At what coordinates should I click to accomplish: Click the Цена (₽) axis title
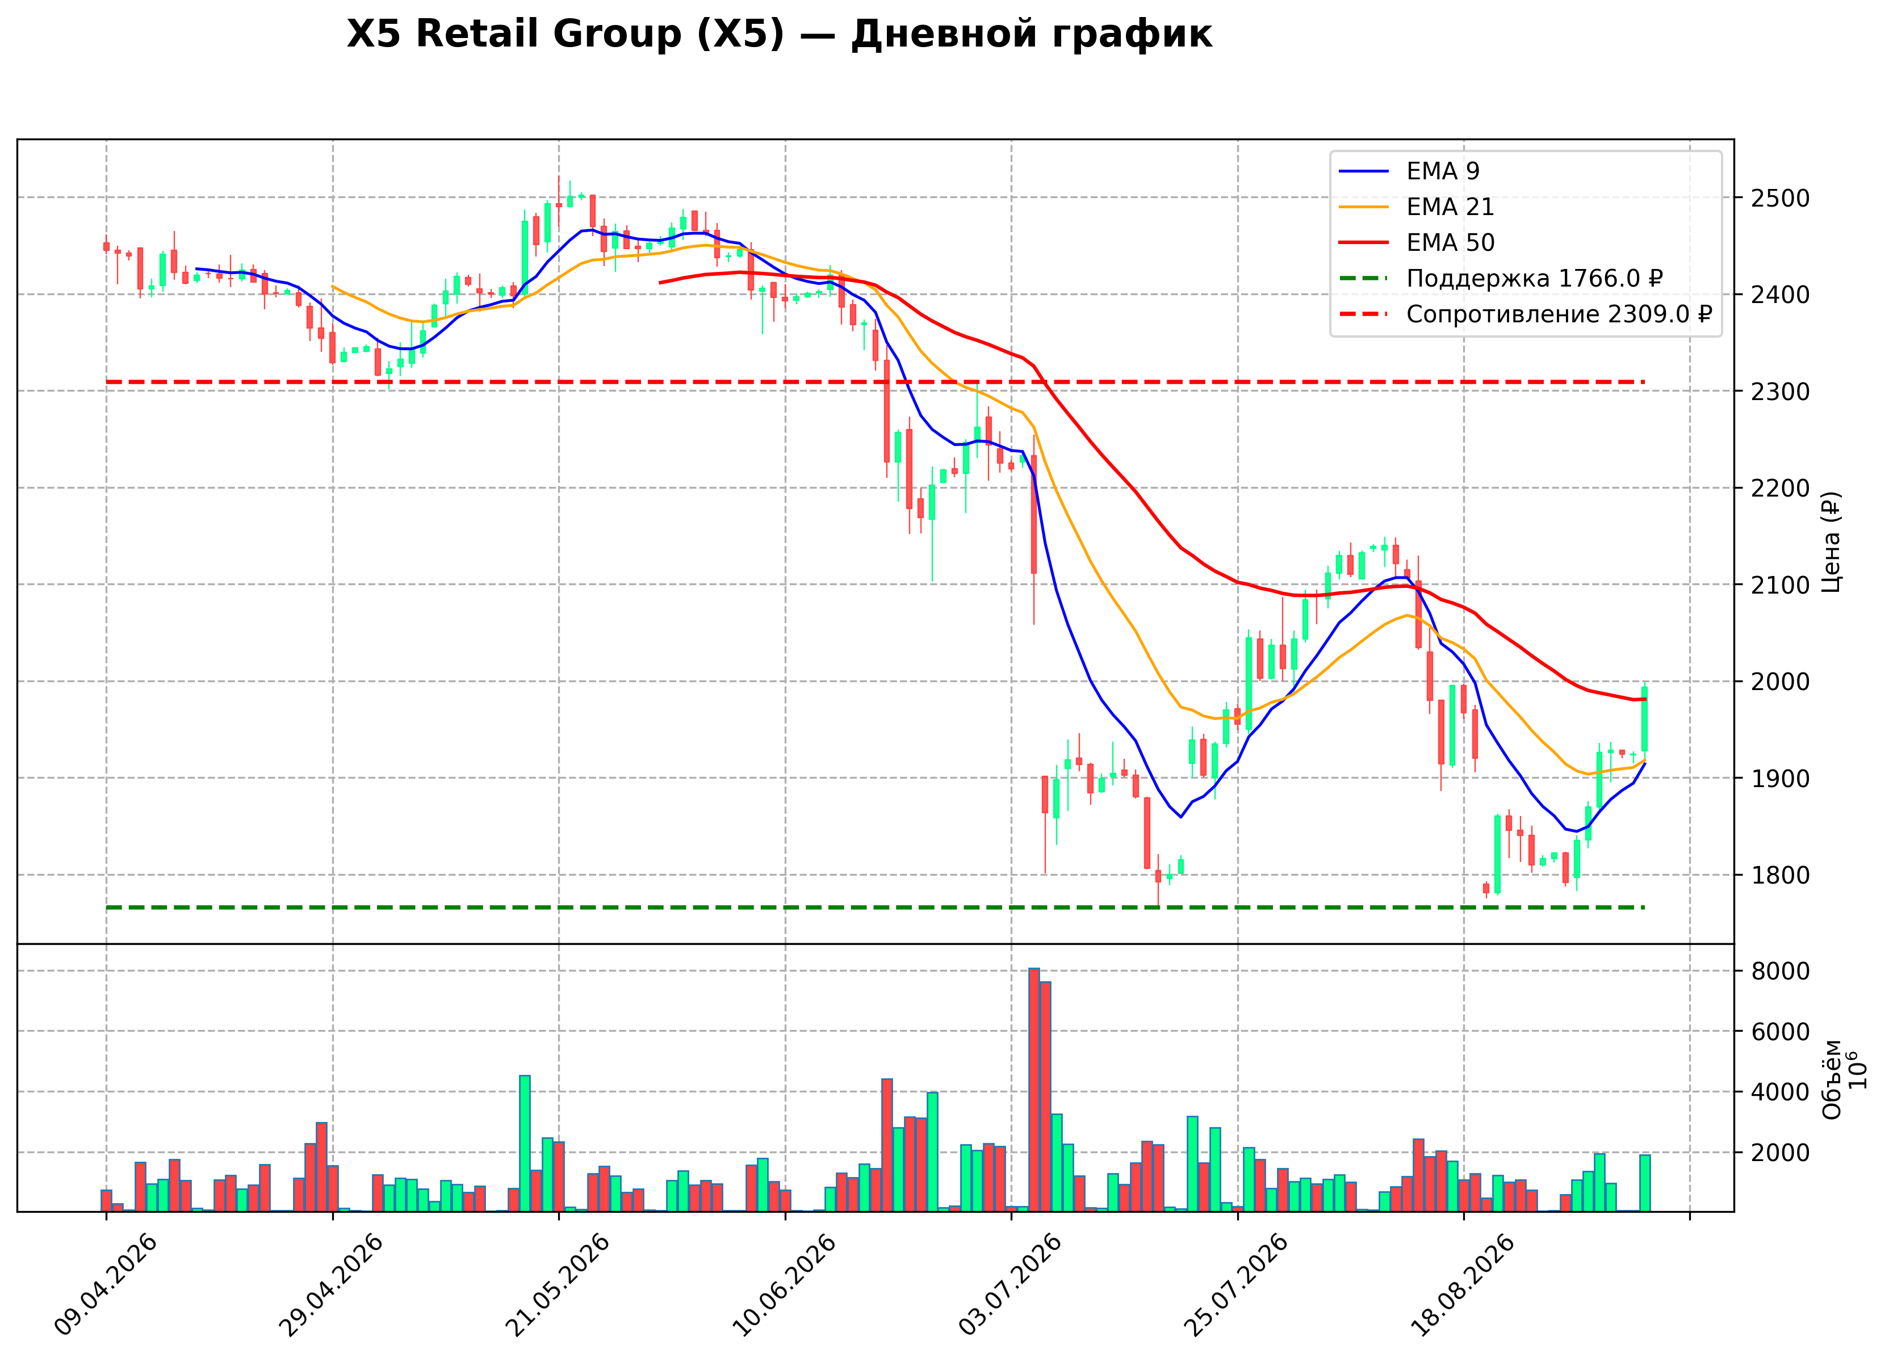tap(1831, 542)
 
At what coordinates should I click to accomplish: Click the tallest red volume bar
tap(1033, 1090)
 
